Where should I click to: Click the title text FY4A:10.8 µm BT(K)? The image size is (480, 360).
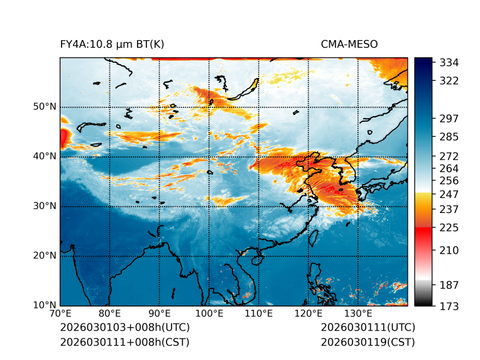tap(112, 45)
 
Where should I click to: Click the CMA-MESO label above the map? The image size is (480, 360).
tap(349, 45)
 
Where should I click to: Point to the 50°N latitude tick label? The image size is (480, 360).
tap(45, 107)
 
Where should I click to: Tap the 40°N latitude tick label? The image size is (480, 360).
tap(45, 156)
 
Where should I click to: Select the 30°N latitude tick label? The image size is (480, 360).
tap(45, 206)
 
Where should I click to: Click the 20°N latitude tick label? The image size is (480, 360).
tap(45, 256)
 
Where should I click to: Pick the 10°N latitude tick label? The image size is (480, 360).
tap(45, 305)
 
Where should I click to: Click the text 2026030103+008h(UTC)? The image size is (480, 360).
tap(124, 328)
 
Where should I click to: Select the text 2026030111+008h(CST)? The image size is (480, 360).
tap(124, 342)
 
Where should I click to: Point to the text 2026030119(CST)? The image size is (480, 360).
tap(368, 342)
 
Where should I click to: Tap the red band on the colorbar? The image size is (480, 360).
tap(423, 232)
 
